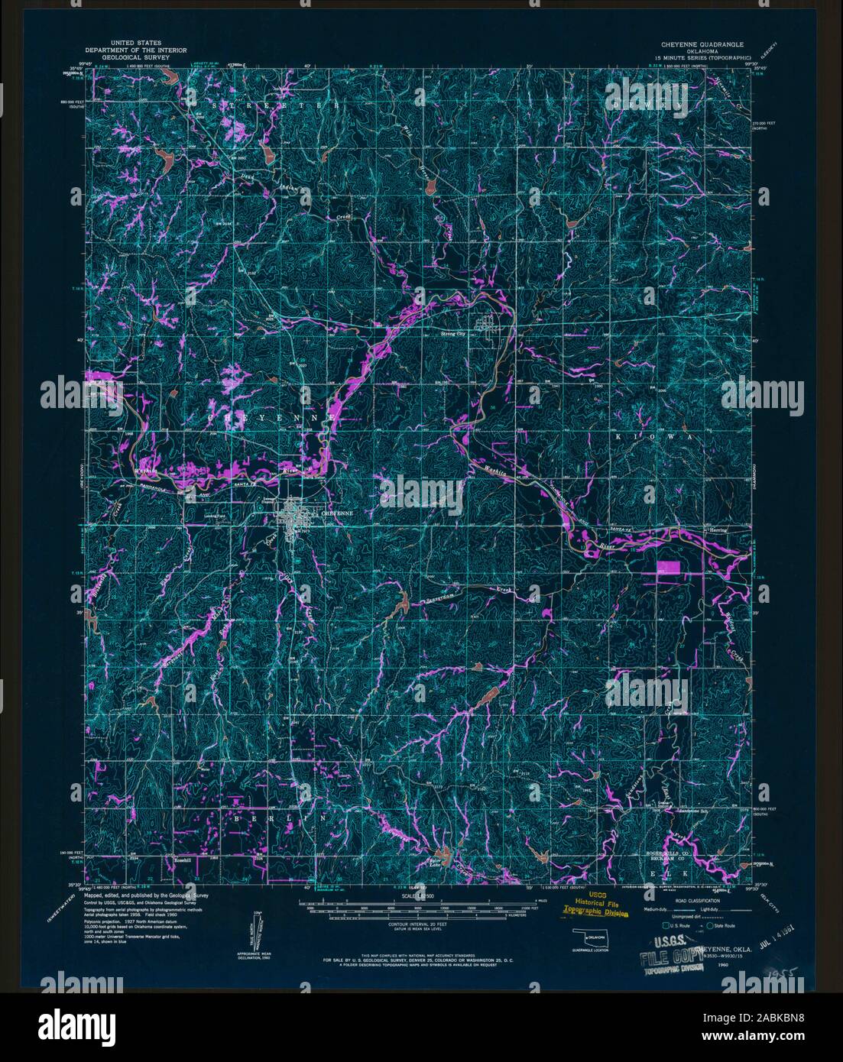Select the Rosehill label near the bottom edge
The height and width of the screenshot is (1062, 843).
(182, 860)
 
